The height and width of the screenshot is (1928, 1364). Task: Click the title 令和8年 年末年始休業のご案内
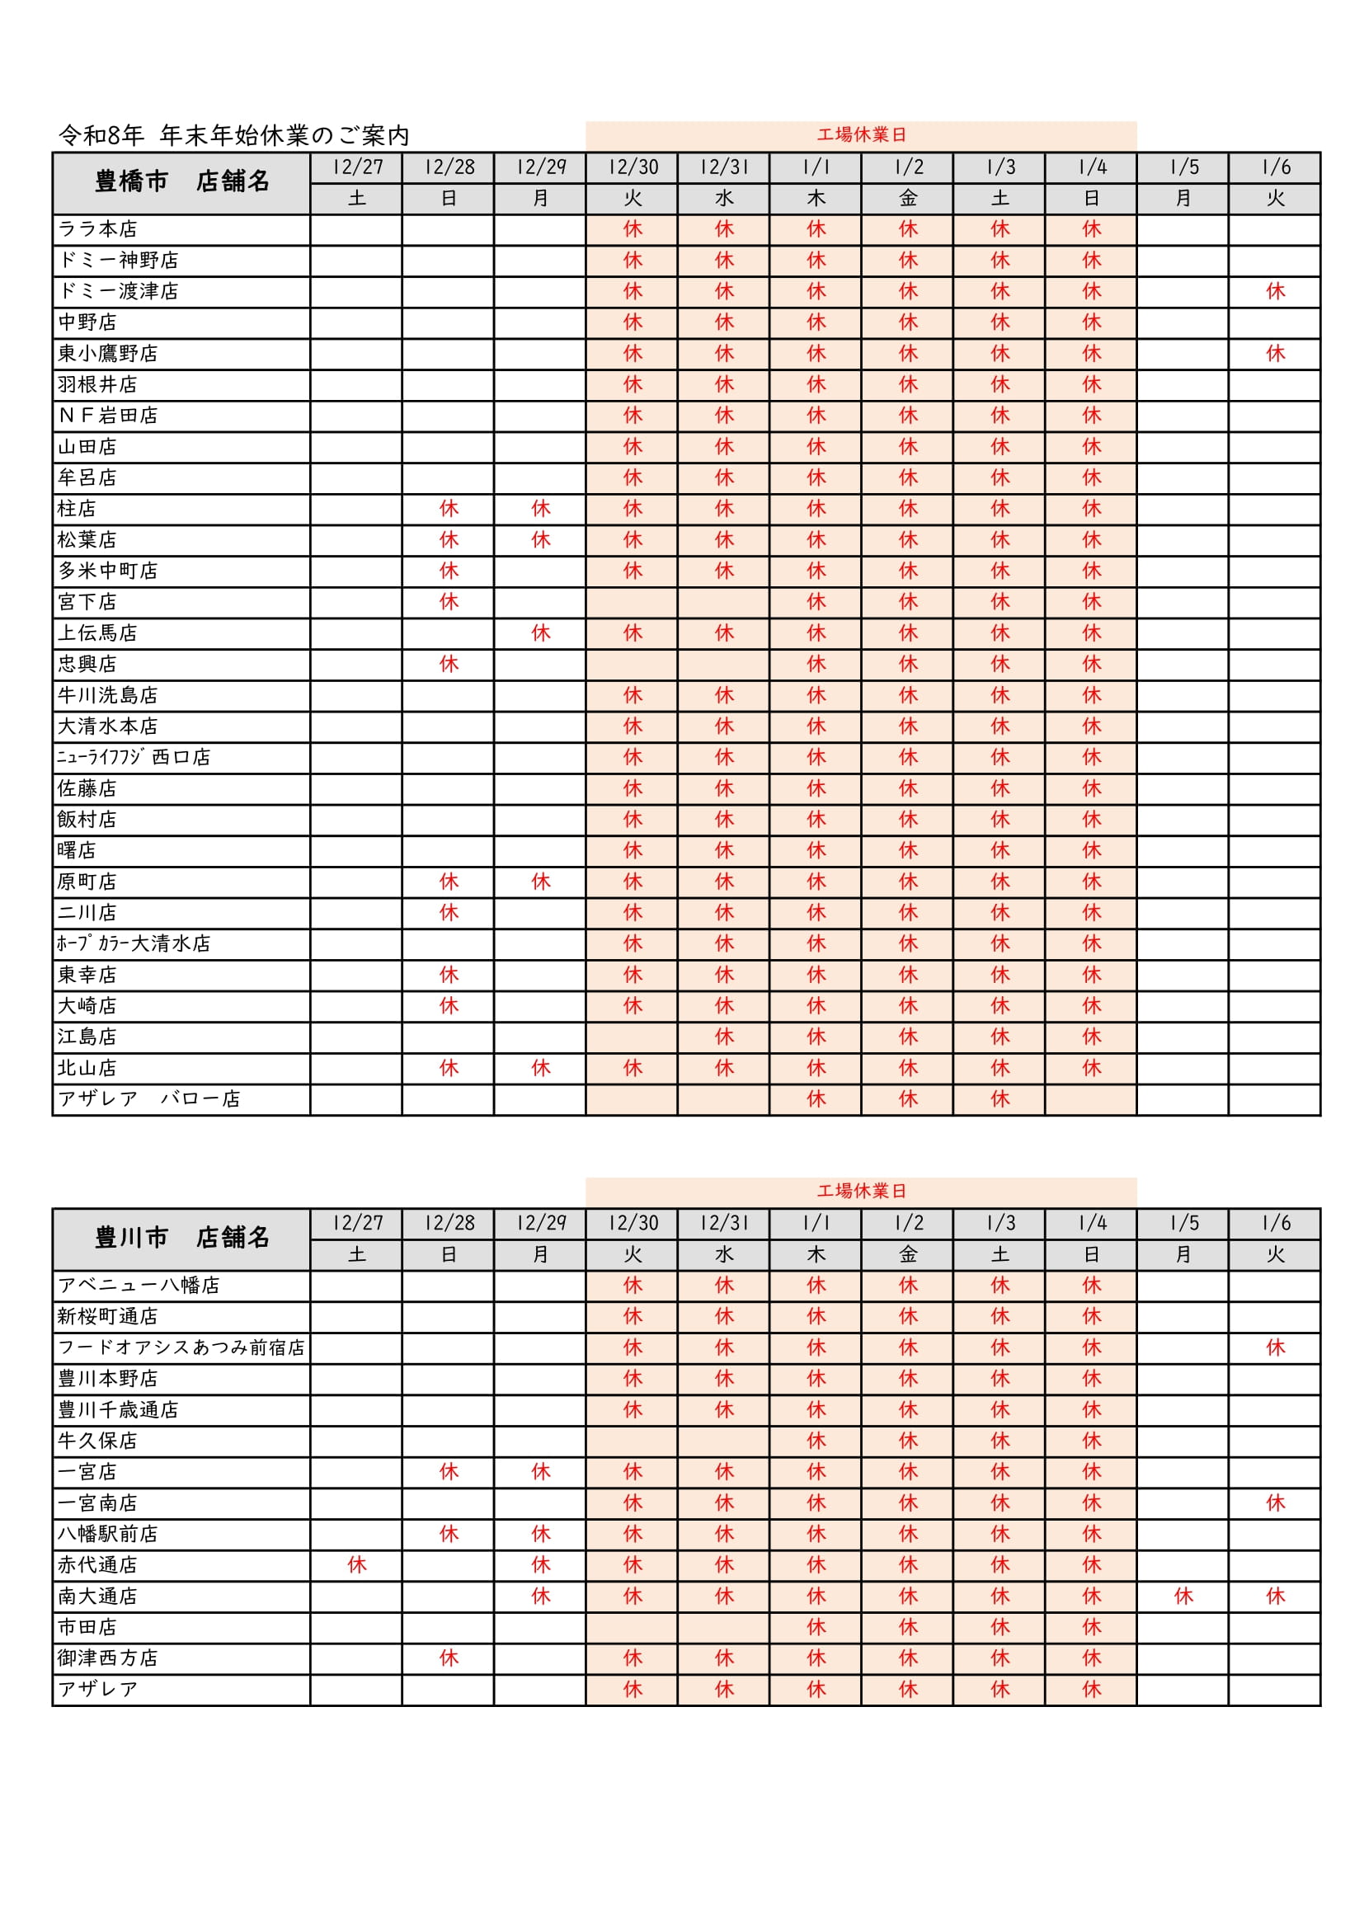tap(233, 135)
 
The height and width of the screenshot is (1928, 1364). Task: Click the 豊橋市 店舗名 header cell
tap(181, 182)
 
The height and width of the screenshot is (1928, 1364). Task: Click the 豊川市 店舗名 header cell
tap(181, 1238)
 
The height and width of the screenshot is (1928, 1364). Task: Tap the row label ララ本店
tap(97, 229)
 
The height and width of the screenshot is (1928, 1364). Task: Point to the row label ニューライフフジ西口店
tap(134, 757)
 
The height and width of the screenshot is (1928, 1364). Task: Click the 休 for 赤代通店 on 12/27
tap(357, 1565)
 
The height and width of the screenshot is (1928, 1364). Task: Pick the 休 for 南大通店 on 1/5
tap(1183, 1596)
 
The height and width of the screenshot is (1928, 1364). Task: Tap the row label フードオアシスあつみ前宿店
tap(181, 1347)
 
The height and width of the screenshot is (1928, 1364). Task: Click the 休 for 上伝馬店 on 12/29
tap(540, 633)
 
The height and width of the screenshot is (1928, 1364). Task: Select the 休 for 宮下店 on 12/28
tap(449, 602)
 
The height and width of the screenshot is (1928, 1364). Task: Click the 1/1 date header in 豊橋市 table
tap(816, 167)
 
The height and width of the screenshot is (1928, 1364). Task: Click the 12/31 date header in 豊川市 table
tap(723, 1224)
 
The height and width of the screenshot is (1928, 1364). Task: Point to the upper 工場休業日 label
tap(861, 135)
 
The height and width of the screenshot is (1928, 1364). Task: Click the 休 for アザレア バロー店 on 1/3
tap(999, 1099)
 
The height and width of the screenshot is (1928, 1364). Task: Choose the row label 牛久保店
tap(97, 1441)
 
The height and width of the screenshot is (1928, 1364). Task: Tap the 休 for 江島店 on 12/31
tap(723, 1037)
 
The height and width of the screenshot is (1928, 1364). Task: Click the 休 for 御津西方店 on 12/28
tap(449, 1658)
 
